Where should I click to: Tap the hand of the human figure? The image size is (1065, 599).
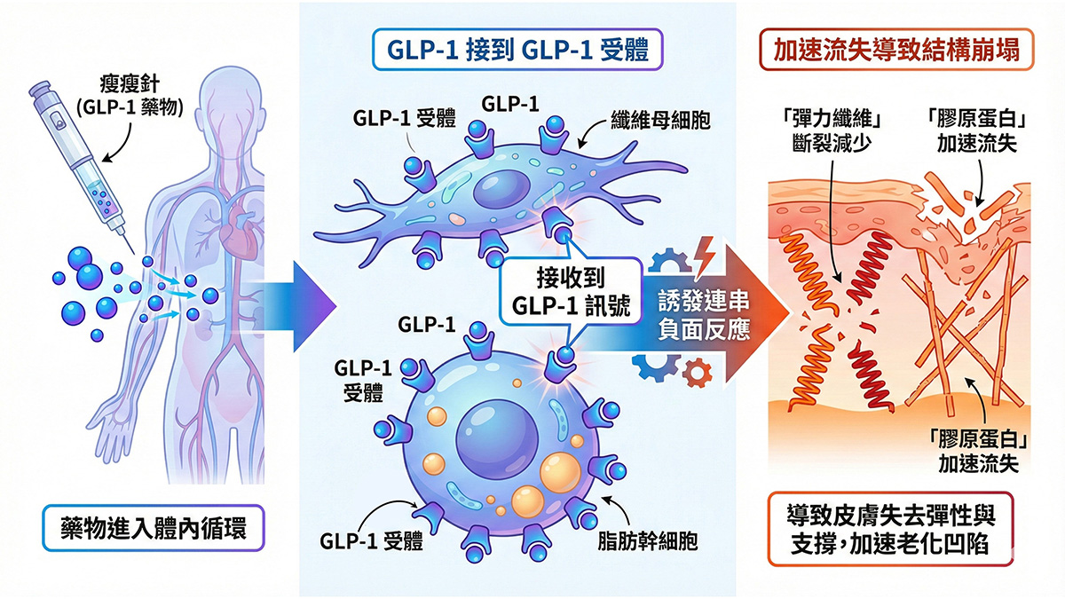[112, 434]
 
